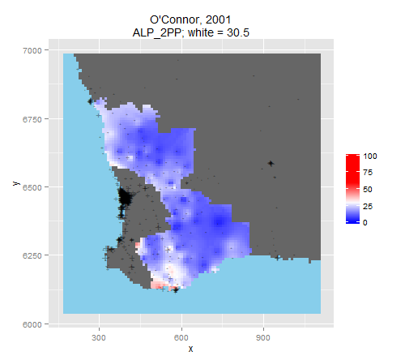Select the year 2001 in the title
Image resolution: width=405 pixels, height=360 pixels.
218,20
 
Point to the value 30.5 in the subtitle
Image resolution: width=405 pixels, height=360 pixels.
238,32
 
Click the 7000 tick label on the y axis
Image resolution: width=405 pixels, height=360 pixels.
32,50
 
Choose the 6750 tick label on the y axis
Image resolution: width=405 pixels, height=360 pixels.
32,119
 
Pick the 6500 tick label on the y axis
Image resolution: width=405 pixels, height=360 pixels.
32,187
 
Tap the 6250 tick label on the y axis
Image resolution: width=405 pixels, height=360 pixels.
32,255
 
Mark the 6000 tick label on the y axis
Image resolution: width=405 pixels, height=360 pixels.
32,324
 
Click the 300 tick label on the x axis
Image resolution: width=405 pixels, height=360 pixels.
99,338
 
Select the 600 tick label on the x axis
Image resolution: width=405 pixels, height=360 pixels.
181,338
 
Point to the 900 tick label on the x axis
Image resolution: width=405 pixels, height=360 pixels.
263,338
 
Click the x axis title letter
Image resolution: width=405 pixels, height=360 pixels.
190,349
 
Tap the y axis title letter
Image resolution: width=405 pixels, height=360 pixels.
16,183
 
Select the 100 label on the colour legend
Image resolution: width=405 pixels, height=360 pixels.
370,156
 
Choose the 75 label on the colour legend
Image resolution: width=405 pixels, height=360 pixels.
368,173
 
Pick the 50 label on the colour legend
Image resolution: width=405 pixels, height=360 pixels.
368,190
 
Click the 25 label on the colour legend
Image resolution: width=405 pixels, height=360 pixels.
368,206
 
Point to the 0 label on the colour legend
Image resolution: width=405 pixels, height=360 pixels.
365,223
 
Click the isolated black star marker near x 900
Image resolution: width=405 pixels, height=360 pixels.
271,163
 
